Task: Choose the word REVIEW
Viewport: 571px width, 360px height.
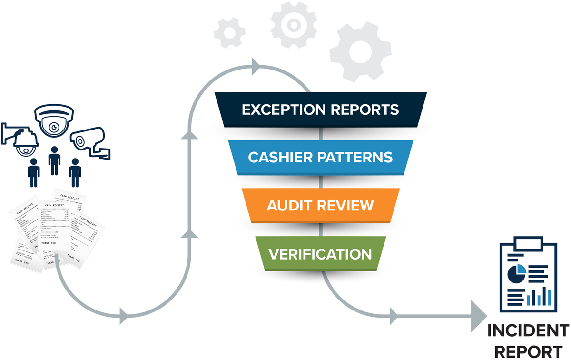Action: coord(348,206)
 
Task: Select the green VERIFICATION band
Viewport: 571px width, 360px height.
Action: coord(320,254)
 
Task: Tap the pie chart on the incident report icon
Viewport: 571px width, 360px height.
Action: coord(516,273)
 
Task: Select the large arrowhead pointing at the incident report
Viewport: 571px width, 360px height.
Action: coord(479,315)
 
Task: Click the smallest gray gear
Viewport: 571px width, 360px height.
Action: coord(229,32)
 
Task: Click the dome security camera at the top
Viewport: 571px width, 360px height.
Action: coord(54,122)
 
